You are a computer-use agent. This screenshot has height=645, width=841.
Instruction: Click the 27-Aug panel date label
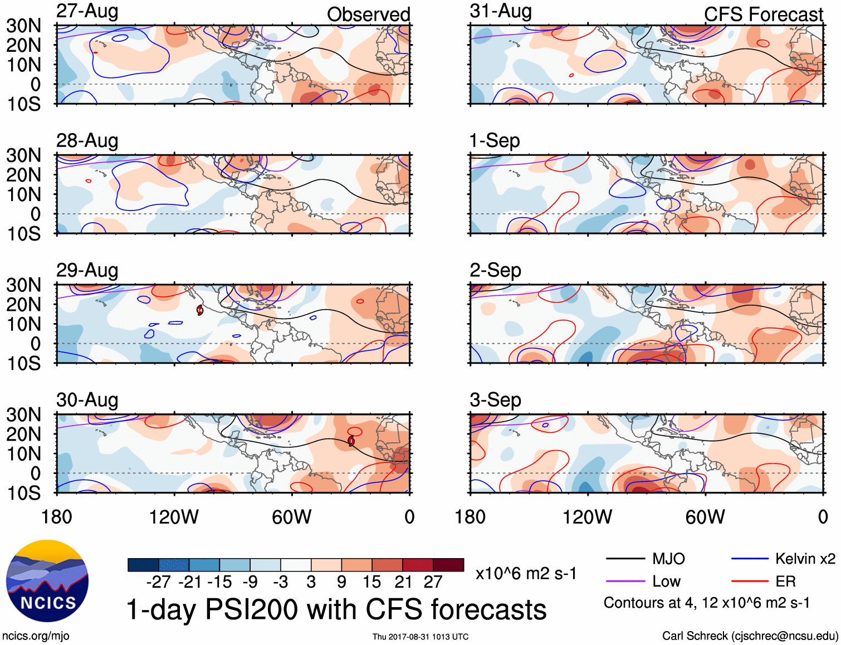pos(87,11)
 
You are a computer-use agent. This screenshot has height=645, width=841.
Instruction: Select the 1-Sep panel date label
pos(495,140)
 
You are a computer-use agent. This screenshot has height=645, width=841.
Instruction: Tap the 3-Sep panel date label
pos(495,400)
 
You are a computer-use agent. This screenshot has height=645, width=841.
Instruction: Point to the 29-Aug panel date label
pos(87,270)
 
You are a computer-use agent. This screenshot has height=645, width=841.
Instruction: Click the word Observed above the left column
pos(368,14)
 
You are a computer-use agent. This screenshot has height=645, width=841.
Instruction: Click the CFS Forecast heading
pos(763,14)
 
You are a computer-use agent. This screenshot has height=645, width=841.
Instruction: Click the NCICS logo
pos(47,581)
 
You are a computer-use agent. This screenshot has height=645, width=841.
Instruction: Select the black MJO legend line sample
pos(625,559)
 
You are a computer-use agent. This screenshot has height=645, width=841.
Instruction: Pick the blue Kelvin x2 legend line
pos(750,559)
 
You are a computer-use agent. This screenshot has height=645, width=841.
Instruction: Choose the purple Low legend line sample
pos(625,582)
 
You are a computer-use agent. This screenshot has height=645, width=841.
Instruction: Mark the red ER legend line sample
pos(750,582)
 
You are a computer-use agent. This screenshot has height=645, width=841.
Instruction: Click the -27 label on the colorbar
pos(158,582)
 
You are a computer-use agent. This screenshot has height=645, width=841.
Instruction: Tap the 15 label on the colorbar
pos(371,582)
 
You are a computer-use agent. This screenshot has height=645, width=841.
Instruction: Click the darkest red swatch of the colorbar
pos(448,565)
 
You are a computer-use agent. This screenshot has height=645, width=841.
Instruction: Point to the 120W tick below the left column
pos(174,517)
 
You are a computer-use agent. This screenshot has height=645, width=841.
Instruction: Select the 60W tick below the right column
pos(705,517)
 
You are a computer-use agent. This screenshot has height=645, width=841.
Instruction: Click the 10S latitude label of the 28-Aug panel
pos(24,234)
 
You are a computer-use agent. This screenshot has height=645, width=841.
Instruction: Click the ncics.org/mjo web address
pos(36,636)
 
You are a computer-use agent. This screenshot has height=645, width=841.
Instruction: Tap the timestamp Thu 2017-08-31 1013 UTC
pos(420,637)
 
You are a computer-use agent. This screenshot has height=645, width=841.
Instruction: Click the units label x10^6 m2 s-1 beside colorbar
pos(526,573)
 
